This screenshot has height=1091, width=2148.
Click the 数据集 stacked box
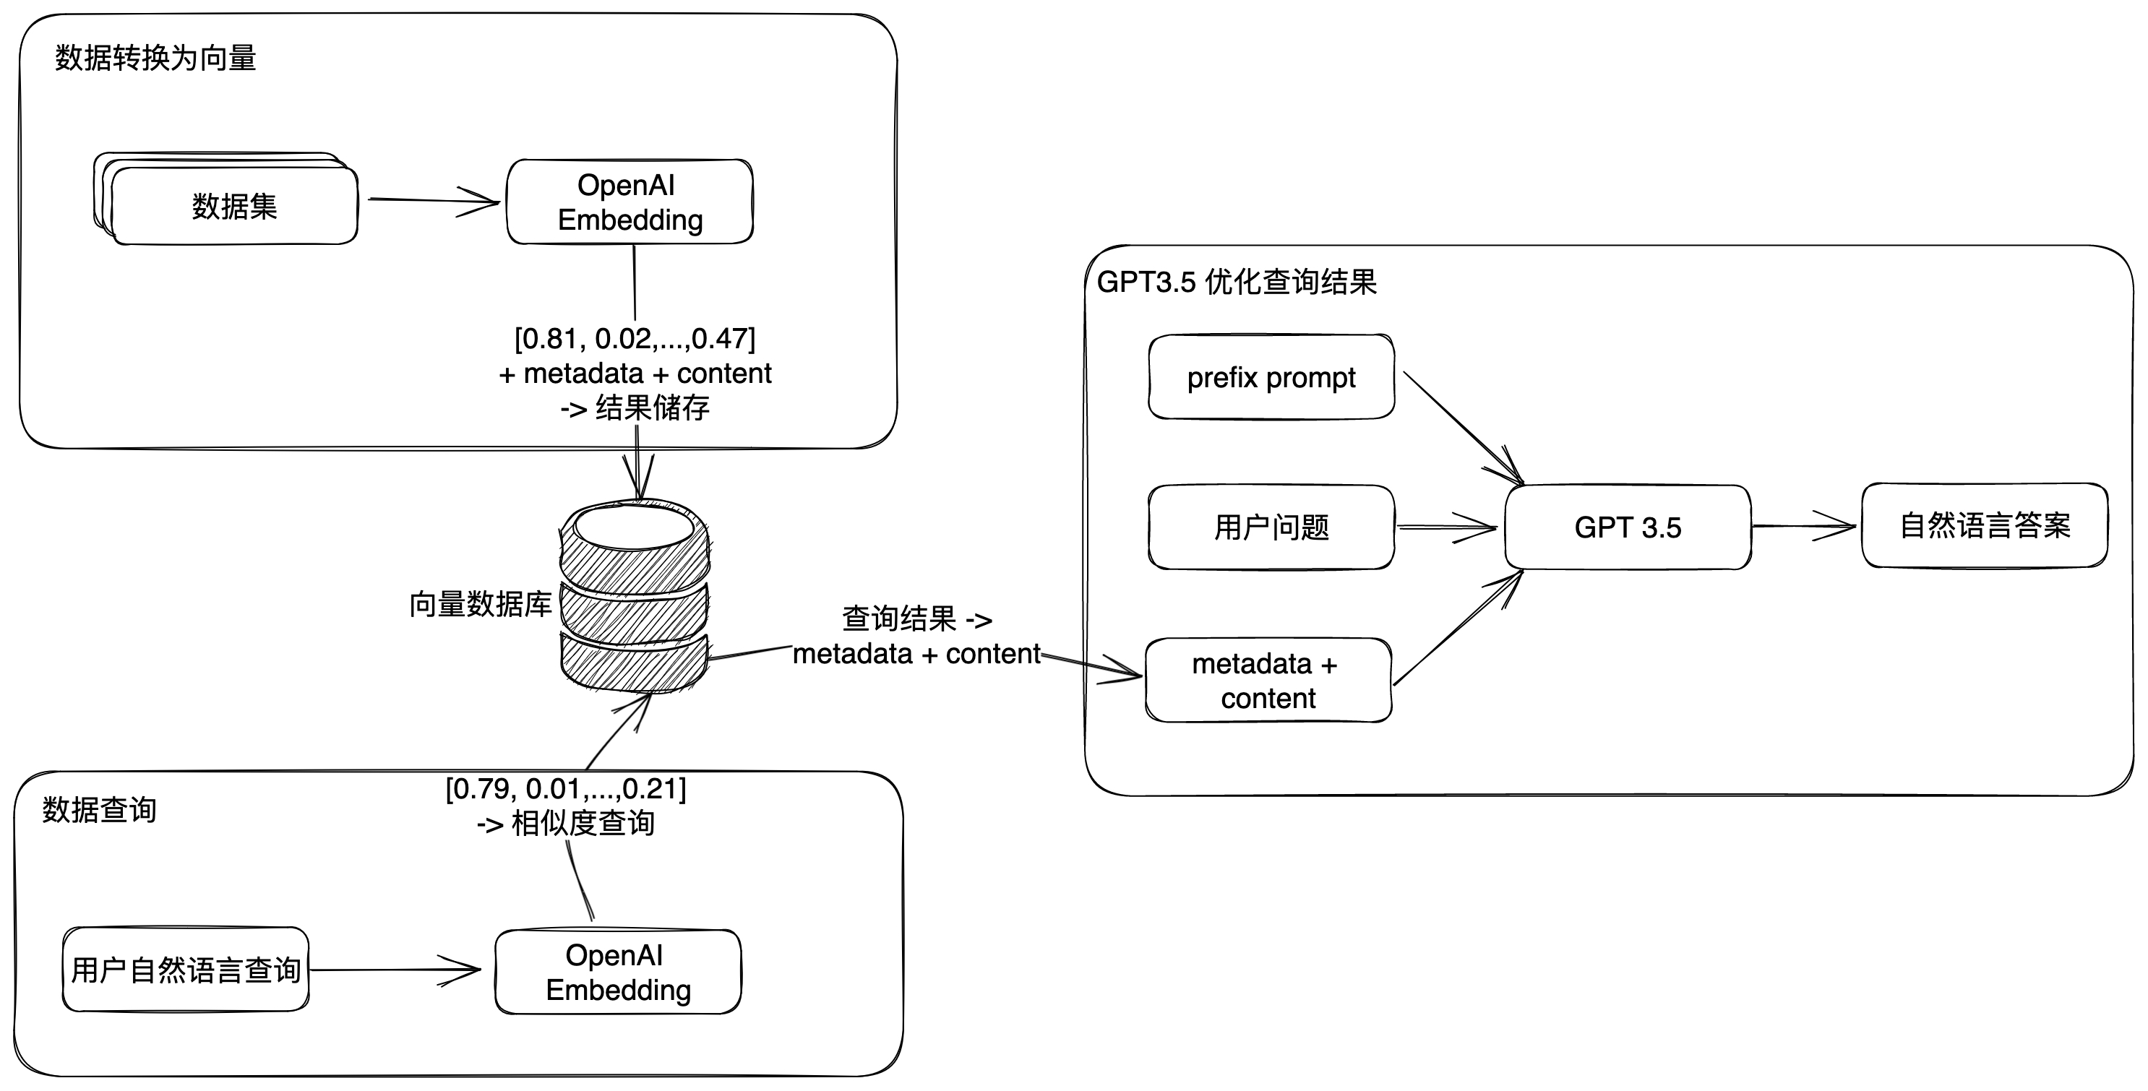click(x=233, y=206)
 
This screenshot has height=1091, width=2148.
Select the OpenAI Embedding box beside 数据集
click(x=630, y=202)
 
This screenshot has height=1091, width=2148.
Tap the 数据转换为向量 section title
click(x=156, y=59)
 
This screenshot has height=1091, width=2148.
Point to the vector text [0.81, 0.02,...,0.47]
click(x=635, y=338)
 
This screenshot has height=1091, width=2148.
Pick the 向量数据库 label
click(x=481, y=604)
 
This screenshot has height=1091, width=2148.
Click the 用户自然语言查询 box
click(x=186, y=970)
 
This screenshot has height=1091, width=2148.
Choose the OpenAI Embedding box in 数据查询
click(x=618, y=972)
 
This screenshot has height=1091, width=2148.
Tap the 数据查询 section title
click(x=99, y=809)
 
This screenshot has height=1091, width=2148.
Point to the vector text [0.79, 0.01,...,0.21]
click(x=566, y=788)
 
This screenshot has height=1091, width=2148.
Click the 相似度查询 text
click(x=582, y=824)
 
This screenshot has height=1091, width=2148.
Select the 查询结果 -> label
click(x=916, y=619)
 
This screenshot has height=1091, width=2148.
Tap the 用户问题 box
click(x=1271, y=527)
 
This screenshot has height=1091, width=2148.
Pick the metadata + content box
click(x=1268, y=680)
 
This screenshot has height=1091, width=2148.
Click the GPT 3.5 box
click(x=1628, y=527)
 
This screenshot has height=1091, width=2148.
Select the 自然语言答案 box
click(x=1985, y=525)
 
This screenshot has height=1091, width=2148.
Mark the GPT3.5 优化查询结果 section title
click(x=1237, y=283)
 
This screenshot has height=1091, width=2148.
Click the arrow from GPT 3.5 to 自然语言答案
click(x=1805, y=526)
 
